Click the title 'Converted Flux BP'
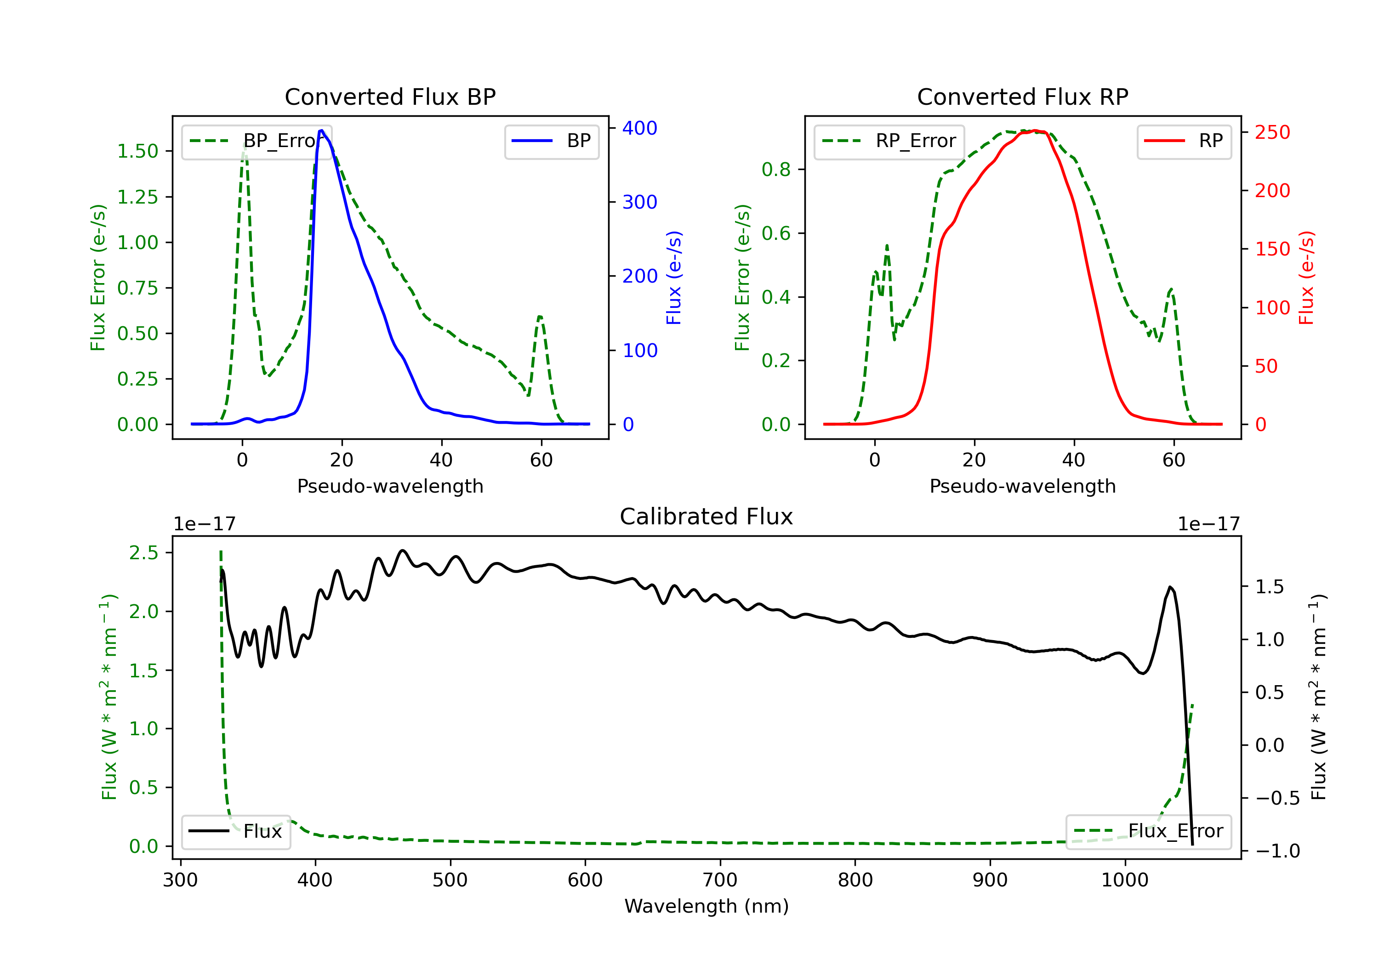(x=390, y=96)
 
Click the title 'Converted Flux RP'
(x=1022, y=96)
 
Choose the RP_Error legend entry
(x=889, y=141)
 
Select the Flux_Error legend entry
(x=1148, y=831)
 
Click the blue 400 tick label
(x=640, y=128)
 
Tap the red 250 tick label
(x=1272, y=132)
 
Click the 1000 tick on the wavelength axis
(x=1124, y=880)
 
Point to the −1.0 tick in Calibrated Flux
(x=1277, y=851)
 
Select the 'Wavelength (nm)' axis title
(x=707, y=906)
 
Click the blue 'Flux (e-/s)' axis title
(x=674, y=278)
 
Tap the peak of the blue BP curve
(x=322, y=131)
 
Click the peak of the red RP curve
(x=1036, y=131)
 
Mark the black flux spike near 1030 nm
(x=1170, y=587)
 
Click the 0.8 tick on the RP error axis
(x=776, y=170)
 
